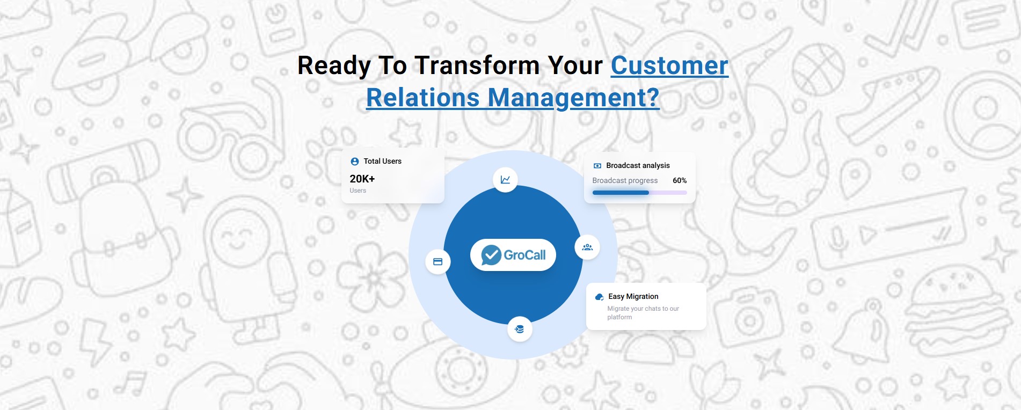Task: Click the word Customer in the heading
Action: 669,65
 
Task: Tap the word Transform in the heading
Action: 477,65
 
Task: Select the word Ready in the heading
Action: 334,65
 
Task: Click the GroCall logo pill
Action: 513,255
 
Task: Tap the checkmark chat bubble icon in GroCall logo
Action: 491,255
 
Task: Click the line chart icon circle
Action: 505,180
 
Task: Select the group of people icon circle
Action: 587,247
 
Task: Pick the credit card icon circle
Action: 437,262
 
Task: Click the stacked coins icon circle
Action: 519,329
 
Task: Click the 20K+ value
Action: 362,179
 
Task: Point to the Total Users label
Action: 382,161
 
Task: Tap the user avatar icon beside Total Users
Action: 354,162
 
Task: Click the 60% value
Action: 679,180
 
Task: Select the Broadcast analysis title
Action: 638,165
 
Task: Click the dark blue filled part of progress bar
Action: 620,193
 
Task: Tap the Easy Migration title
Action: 633,296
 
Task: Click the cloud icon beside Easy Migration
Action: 599,297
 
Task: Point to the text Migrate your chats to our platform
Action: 643,312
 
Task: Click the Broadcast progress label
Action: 625,180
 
